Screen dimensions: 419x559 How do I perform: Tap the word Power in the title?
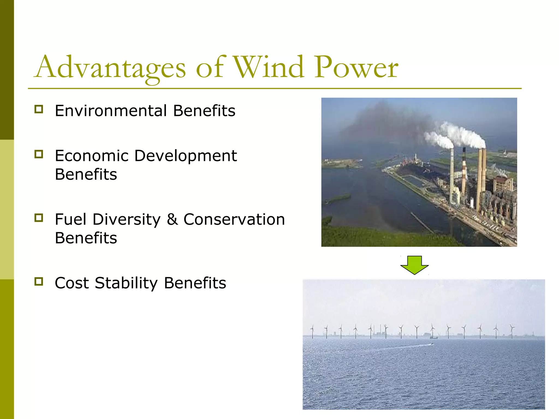pyautogui.click(x=356, y=67)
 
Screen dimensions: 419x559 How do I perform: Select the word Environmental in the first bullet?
pyautogui.click(x=111, y=111)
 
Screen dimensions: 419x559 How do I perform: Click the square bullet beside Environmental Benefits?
pyautogui.click(x=39, y=109)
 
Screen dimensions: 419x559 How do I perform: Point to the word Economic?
pyautogui.click(x=91, y=156)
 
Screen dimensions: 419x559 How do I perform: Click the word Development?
pyautogui.click(x=186, y=156)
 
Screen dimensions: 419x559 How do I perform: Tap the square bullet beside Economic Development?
pyautogui.click(x=39, y=154)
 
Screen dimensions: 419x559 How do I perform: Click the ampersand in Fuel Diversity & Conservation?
pyautogui.click(x=172, y=219)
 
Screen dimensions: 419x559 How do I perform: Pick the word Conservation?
pyautogui.click(x=234, y=219)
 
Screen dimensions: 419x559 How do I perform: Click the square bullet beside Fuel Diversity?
pyautogui.click(x=39, y=218)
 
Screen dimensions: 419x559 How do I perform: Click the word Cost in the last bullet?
pyautogui.click(x=72, y=283)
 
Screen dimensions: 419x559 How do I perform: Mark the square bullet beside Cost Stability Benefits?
pyautogui.click(x=39, y=282)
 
